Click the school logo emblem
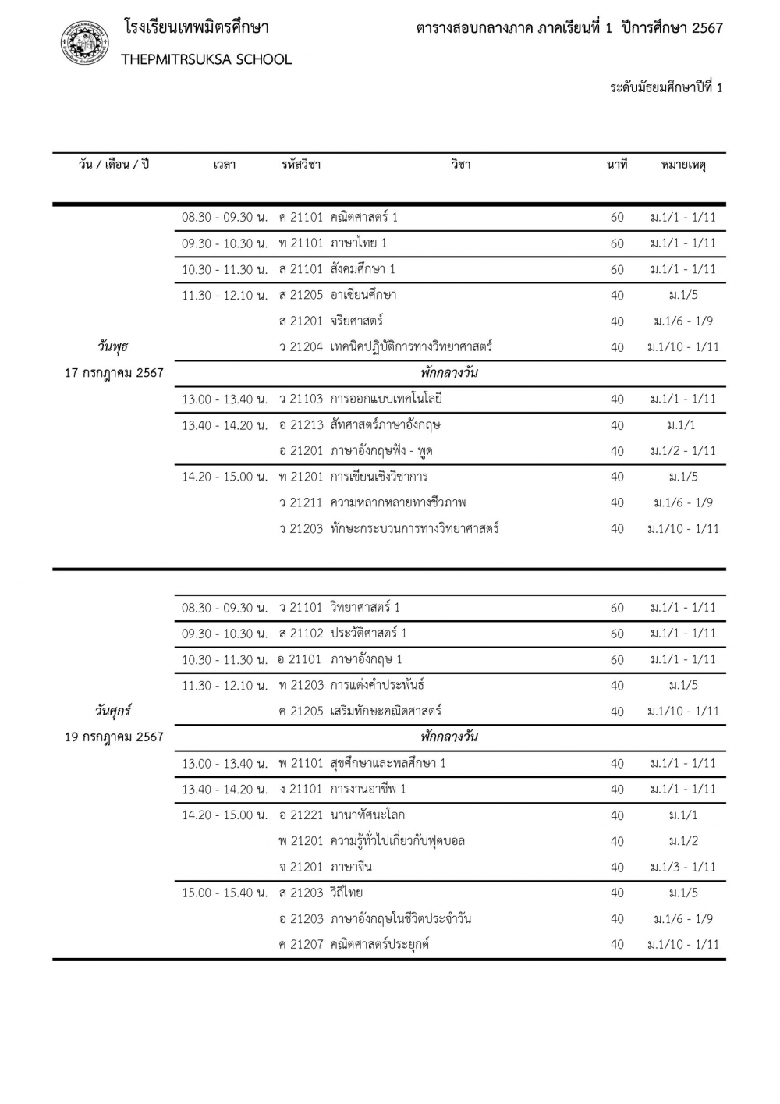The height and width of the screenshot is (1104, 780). click(85, 43)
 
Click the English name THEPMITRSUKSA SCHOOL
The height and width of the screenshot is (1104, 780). click(207, 59)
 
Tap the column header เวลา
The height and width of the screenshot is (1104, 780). click(225, 165)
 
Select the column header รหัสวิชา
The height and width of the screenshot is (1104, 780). click(300, 165)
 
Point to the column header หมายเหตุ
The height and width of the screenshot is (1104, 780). click(683, 165)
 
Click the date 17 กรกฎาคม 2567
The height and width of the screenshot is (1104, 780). click(114, 372)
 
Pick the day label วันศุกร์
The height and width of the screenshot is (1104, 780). click(114, 711)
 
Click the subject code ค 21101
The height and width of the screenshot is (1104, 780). click(300, 217)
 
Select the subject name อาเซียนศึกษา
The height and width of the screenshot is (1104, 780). click(363, 295)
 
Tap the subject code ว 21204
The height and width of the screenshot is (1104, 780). click(300, 346)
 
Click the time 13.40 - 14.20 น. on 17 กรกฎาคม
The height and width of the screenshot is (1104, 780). click(225, 425)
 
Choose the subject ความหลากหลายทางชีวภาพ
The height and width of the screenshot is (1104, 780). click(398, 502)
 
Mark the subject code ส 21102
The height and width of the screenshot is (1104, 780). click(300, 633)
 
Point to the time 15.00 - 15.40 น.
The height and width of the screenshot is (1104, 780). click(225, 893)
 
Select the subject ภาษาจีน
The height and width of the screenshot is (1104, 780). click(351, 867)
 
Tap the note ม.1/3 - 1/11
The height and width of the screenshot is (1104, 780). click(683, 867)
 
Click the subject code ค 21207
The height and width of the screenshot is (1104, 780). click(300, 944)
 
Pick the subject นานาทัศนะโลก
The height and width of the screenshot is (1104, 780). click(367, 815)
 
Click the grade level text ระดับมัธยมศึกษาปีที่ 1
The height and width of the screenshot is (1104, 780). click(666, 87)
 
